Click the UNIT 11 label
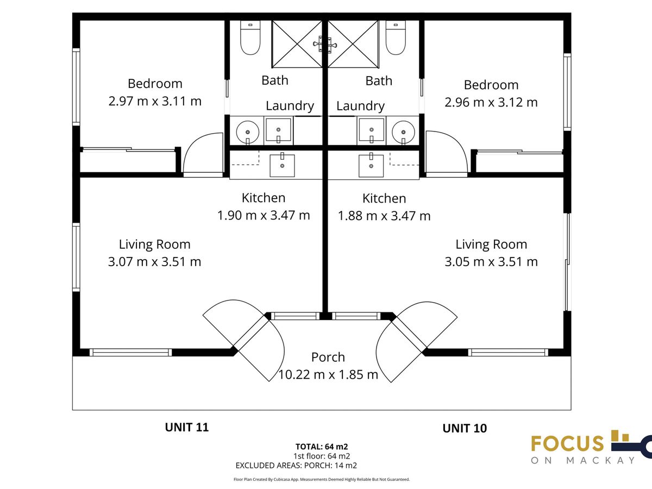coord(187,427)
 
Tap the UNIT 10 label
coord(465,428)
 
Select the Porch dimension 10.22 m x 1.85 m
coord(328,374)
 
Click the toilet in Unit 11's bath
coord(250,37)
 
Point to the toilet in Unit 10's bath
coord(396,37)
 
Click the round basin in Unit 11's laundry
coord(247,133)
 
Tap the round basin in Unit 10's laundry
coord(403,133)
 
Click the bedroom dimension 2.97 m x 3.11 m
coord(155,101)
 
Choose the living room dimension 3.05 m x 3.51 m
coord(491,261)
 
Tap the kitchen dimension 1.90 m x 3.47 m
coord(264,215)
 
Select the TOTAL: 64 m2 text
coord(322,447)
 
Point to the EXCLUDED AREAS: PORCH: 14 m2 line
coord(296,465)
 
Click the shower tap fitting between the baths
coord(325,45)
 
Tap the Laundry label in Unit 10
coord(360,106)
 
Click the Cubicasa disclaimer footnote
coord(322,479)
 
